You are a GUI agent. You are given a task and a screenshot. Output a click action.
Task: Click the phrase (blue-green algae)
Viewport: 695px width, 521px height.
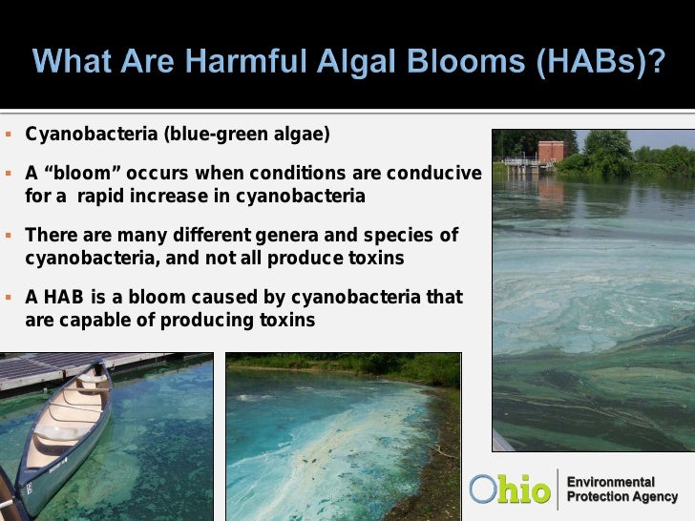point(247,133)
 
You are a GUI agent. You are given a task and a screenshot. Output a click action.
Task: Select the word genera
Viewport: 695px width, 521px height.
point(282,236)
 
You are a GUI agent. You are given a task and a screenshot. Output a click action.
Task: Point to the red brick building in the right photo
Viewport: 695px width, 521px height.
point(550,152)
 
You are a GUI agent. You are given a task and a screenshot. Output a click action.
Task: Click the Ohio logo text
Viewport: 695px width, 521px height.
point(511,490)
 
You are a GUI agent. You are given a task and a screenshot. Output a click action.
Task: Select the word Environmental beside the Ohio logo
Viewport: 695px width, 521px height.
point(611,482)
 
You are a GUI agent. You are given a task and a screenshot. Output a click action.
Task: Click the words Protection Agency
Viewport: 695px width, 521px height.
point(622,497)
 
